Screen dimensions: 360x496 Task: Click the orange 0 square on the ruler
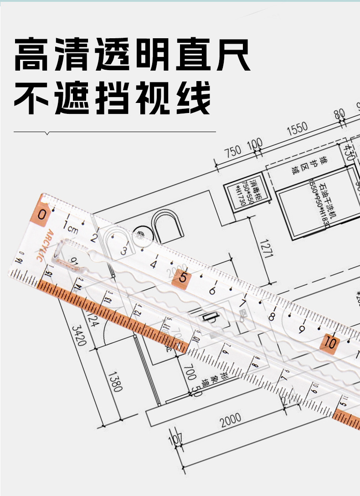coord(42,214)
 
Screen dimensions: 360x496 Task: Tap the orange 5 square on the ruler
coord(183,277)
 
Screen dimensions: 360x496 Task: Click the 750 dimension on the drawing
coord(232,152)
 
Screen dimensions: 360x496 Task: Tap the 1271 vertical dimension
coord(267,248)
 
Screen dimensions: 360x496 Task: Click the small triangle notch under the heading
coord(48,133)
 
